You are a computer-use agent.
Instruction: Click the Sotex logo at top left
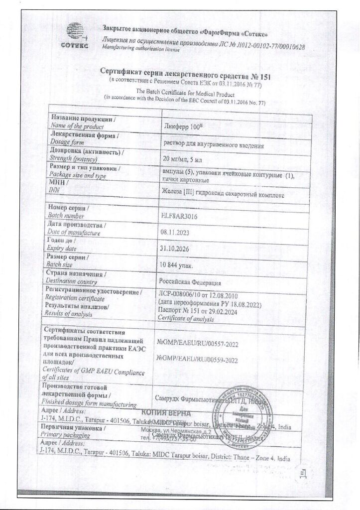[75, 35]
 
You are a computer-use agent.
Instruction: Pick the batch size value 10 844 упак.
[174, 265]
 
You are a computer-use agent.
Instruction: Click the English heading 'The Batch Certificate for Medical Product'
[186, 93]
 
